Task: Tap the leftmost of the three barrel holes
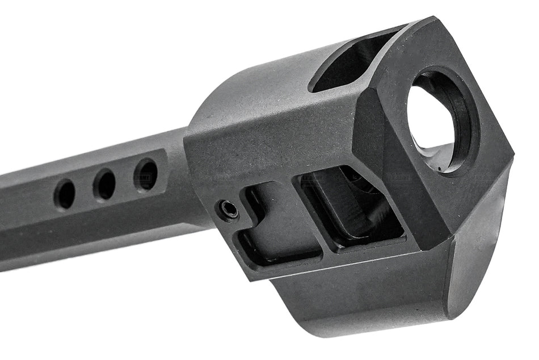[64, 194]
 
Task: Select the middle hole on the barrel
[104, 184]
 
